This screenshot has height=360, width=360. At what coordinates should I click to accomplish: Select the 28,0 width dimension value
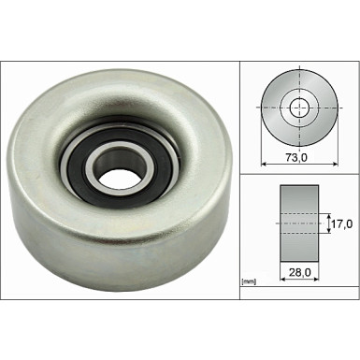pos(300,274)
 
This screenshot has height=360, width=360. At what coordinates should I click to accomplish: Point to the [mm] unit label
pos(249,281)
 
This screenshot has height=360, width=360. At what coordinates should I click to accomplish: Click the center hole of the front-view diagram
pos(299,108)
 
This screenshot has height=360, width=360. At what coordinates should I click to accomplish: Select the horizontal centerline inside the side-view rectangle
pos(299,224)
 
